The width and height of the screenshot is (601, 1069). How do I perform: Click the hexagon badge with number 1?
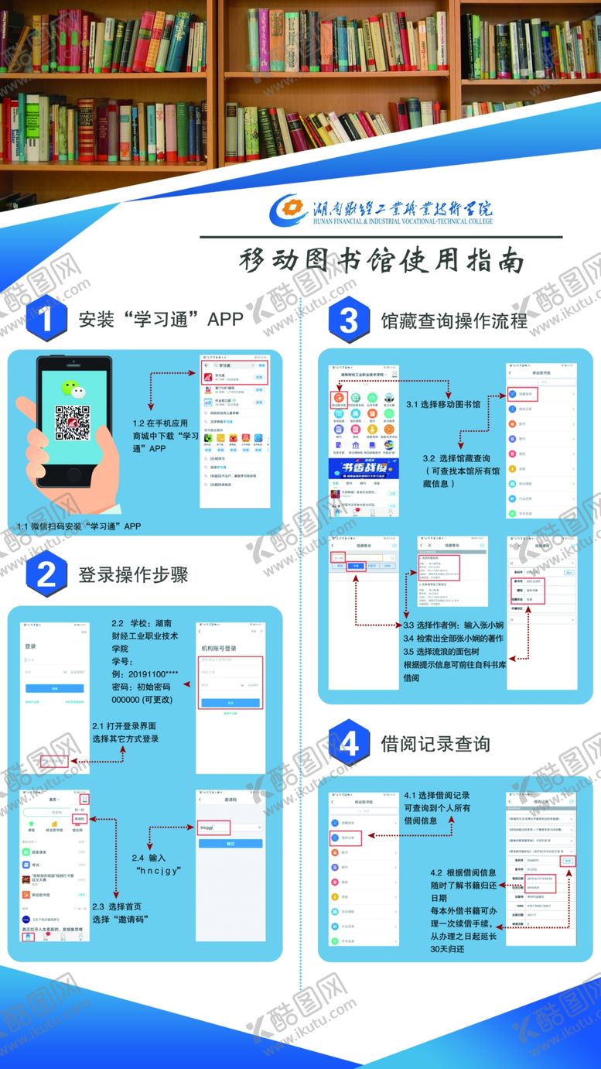click(x=43, y=318)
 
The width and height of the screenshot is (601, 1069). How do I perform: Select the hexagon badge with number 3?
click(x=349, y=318)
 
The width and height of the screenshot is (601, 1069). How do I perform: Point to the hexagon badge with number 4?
click(x=349, y=744)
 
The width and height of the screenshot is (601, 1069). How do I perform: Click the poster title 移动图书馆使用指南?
click(x=381, y=261)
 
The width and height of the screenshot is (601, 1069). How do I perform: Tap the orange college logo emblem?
click(x=289, y=210)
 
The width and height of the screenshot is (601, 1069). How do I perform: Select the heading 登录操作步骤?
click(x=132, y=574)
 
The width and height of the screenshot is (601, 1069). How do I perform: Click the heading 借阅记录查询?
click(x=435, y=744)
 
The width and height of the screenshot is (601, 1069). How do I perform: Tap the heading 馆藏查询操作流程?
click(x=454, y=319)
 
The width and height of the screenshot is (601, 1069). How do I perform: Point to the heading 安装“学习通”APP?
click(x=160, y=319)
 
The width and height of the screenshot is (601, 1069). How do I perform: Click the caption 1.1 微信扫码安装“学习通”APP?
click(x=79, y=526)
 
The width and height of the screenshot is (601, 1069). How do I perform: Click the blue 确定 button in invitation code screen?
click(x=231, y=843)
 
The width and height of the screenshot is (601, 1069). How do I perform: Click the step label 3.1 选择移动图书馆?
click(x=443, y=404)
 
